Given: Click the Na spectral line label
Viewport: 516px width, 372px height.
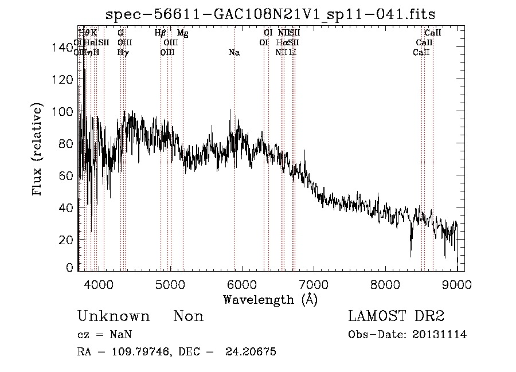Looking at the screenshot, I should (234, 53).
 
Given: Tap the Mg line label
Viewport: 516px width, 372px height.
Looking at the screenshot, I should (182, 33).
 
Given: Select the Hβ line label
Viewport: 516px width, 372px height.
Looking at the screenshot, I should (161, 33).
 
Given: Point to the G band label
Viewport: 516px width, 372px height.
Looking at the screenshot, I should (120, 33).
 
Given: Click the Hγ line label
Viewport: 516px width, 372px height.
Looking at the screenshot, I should (123, 53).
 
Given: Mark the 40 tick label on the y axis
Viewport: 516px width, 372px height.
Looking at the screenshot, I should (68, 207).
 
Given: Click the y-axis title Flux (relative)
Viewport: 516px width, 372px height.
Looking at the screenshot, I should (38, 150).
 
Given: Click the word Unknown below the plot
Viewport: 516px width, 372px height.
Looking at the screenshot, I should (114, 316).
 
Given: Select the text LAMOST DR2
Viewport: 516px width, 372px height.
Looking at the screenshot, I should (396, 316).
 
